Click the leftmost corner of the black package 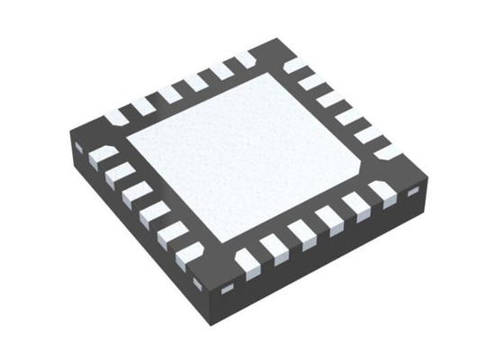[69, 137]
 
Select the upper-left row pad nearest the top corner [243, 59]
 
